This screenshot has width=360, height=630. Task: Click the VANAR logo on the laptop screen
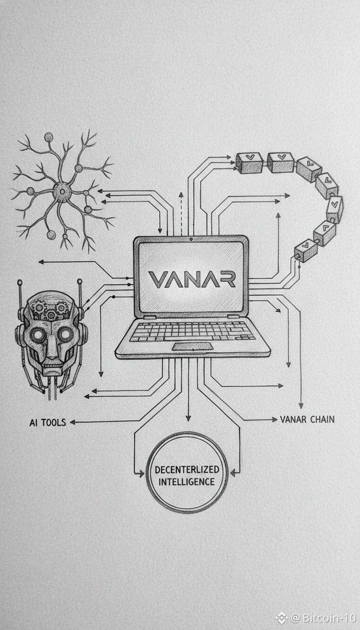click(x=192, y=279)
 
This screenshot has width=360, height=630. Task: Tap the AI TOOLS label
click(x=47, y=422)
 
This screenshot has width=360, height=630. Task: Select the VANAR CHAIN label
click(x=307, y=419)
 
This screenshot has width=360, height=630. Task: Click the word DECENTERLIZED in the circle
click(x=187, y=470)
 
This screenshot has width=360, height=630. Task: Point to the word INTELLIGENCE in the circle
click(x=187, y=481)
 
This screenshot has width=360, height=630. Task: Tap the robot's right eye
click(x=65, y=334)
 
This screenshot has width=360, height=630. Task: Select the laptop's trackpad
click(x=192, y=346)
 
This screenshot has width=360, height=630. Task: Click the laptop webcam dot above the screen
click(x=191, y=240)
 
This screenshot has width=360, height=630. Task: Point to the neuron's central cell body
click(x=61, y=191)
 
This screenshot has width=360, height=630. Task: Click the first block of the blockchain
click(x=249, y=162)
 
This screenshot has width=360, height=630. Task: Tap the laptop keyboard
click(x=192, y=331)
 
